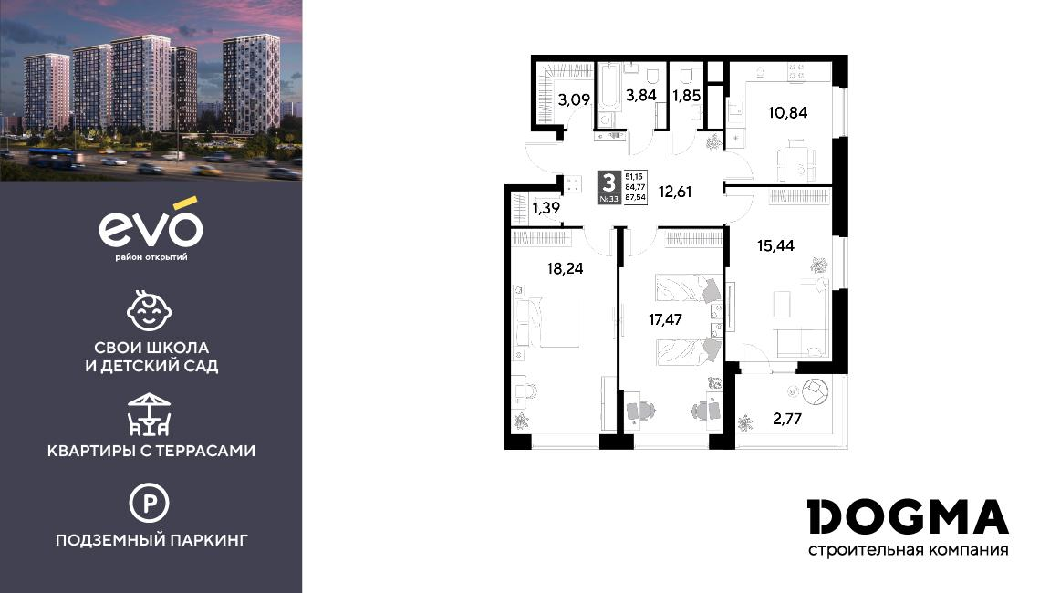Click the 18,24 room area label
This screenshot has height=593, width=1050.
[x=566, y=269]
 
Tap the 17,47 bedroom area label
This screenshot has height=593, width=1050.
[x=666, y=319]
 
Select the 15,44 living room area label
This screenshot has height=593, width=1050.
[x=775, y=246]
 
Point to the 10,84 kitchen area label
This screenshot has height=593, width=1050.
[x=787, y=112]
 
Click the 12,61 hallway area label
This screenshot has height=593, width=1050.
[x=675, y=192]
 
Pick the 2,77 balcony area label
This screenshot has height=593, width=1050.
[x=787, y=421]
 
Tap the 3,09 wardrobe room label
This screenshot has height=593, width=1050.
[x=574, y=100]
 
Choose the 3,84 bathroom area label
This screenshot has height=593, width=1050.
[x=640, y=95]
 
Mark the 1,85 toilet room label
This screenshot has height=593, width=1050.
[x=687, y=95]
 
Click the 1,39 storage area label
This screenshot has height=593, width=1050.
[x=546, y=208]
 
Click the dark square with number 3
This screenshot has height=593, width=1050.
[x=608, y=187]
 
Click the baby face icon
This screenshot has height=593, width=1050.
[x=150, y=310]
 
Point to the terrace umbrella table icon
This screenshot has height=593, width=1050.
[x=150, y=415]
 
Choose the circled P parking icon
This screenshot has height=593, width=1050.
[x=150, y=503]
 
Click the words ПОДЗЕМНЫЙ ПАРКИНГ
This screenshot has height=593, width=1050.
[x=151, y=539]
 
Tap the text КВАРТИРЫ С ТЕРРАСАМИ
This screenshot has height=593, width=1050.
[x=151, y=451]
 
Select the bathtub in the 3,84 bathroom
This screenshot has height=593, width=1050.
[x=608, y=86]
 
